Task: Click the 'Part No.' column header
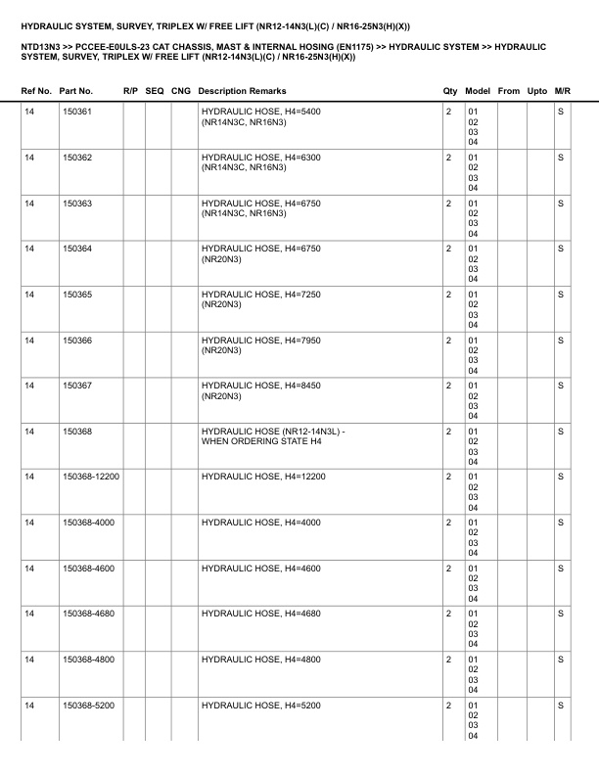pyautogui.click(x=76, y=91)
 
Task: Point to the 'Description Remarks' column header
pyautogui.click(x=242, y=91)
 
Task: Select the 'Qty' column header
pyautogui.click(x=450, y=91)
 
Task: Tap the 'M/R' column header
pyautogui.click(x=562, y=91)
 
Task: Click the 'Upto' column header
pyautogui.click(x=537, y=91)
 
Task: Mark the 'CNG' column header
pyautogui.click(x=180, y=91)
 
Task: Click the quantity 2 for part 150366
pyautogui.click(x=448, y=340)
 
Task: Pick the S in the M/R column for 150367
pyautogui.click(x=561, y=386)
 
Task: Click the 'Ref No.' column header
pyautogui.click(x=36, y=91)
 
